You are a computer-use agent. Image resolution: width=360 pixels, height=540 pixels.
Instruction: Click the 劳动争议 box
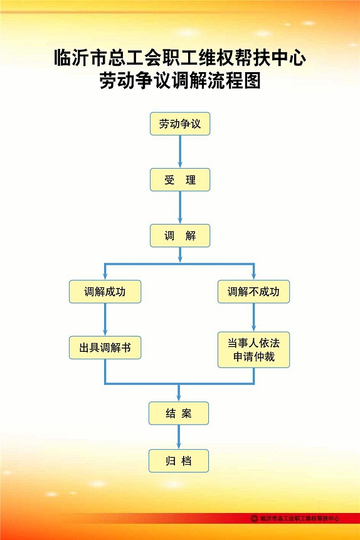pos(180,124)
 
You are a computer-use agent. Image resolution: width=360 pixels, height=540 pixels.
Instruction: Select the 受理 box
pos(180,180)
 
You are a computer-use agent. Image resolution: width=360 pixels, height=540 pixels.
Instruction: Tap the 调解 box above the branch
pos(180,236)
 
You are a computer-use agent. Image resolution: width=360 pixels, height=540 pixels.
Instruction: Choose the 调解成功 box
pos(105,292)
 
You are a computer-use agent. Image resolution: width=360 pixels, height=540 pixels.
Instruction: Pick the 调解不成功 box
pos(253,292)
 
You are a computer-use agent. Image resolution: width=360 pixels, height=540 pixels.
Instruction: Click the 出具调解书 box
pos(105,347)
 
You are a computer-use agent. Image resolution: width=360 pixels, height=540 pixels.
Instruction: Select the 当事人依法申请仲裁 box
pos(253,349)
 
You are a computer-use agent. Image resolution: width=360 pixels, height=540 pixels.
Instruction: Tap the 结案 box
pos(179,413)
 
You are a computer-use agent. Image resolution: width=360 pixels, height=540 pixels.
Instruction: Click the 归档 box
pos(179,461)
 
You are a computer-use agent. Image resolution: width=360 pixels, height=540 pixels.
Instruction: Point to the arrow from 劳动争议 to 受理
pos(180,152)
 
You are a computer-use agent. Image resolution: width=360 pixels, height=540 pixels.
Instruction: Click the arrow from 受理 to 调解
pos(180,208)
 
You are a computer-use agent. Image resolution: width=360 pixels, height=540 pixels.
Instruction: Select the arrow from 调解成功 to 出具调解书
pos(105,320)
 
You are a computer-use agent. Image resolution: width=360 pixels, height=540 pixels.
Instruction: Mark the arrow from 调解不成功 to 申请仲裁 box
pos(253,317)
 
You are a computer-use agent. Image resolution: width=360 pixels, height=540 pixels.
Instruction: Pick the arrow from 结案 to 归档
pos(179,437)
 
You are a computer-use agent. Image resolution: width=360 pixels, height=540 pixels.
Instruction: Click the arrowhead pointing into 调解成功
pos(105,275)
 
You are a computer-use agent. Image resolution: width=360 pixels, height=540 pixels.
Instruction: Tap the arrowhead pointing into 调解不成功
pos(253,275)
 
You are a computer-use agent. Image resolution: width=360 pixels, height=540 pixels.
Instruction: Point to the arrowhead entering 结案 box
pos(179,397)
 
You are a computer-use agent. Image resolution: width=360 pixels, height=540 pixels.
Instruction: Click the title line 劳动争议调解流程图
pos(180,81)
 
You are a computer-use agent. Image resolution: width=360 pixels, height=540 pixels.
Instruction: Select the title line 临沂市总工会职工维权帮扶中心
pos(180,58)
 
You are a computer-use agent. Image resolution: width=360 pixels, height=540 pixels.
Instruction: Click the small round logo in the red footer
pos(254,518)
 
